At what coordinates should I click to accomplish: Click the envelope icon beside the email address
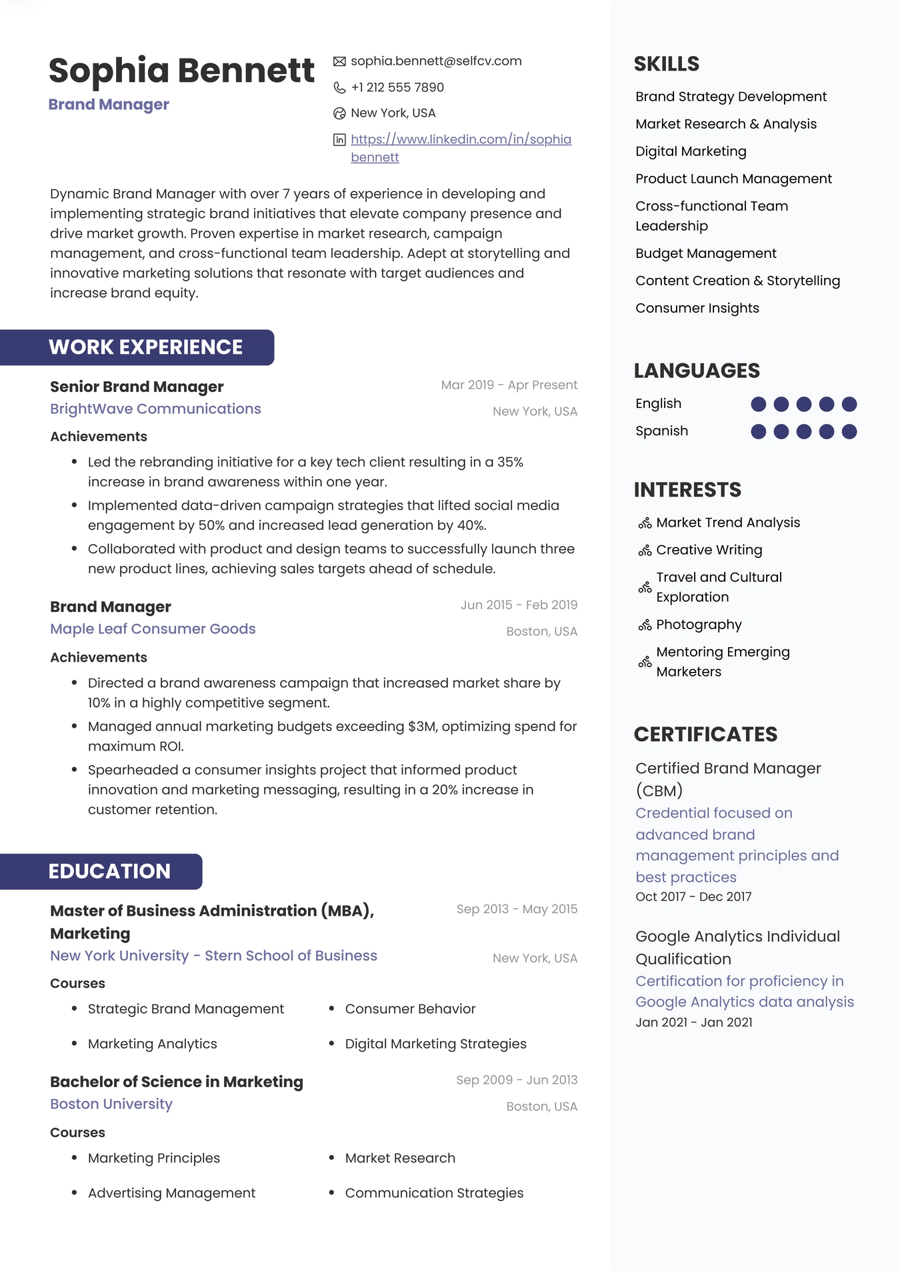click(339, 61)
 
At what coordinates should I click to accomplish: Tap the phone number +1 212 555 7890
click(397, 87)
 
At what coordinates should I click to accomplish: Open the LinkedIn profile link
click(461, 139)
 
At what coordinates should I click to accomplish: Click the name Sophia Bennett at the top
click(181, 71)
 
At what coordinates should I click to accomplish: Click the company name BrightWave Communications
click(155, 409)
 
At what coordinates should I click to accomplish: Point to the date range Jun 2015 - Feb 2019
click(519, 605)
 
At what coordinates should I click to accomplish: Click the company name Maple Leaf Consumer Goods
click(153, 629)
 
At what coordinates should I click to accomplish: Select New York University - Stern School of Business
click(213, 955)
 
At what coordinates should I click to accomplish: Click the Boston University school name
click(111, 1104)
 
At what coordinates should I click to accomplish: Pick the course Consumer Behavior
click(410, 1008)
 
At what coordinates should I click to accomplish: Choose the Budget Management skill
click(706, 253)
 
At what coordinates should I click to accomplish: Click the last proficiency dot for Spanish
click(849, 431)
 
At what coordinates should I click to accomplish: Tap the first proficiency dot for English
click(758, 404)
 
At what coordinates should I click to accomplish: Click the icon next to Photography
click(645, 625)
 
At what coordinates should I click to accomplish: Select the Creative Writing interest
click(709, 550)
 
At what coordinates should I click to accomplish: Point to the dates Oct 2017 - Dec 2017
click(693, 896)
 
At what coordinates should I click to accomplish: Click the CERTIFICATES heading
click(705, 734)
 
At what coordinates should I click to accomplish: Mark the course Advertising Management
click(171, 1192)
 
